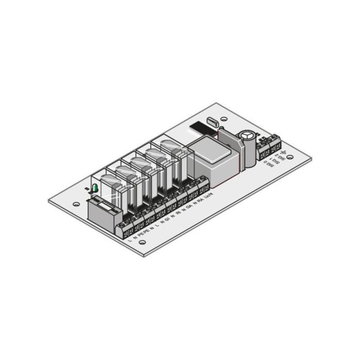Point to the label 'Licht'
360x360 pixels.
(209, 197)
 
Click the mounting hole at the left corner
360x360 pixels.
(76, 205)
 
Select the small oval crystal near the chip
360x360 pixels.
(211, 121)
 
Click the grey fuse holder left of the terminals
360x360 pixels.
(103, 211)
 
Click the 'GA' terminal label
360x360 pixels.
(189, 207)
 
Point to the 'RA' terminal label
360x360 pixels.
(200, 202)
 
